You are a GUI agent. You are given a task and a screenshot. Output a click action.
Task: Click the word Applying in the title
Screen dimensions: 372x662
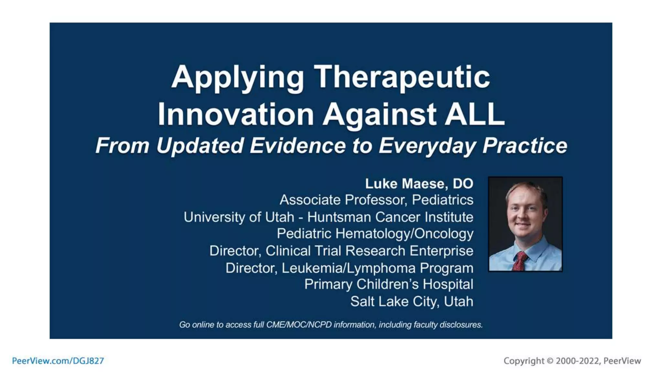point(237,77)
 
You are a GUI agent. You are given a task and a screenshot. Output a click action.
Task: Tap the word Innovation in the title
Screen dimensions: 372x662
point(235,114)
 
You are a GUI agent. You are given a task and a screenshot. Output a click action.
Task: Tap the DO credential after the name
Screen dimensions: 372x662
point(463,183)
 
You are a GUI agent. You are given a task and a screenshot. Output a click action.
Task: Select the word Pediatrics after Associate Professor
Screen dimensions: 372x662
point(443,200)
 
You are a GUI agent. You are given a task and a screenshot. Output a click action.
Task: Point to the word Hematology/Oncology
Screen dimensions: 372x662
point(404,234)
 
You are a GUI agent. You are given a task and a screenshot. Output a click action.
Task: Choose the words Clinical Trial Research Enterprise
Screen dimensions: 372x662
point(369,251)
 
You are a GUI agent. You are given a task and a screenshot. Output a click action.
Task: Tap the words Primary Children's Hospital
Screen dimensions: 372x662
point(389,284)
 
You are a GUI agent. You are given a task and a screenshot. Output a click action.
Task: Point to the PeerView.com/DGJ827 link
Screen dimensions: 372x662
point(58,361)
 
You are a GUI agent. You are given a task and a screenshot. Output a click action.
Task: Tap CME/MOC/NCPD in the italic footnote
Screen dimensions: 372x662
point(299,325)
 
